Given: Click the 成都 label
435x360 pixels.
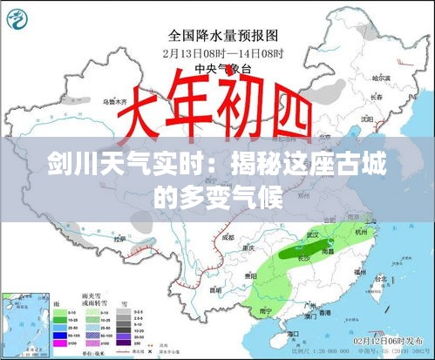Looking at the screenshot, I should [x=228, y=237].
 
